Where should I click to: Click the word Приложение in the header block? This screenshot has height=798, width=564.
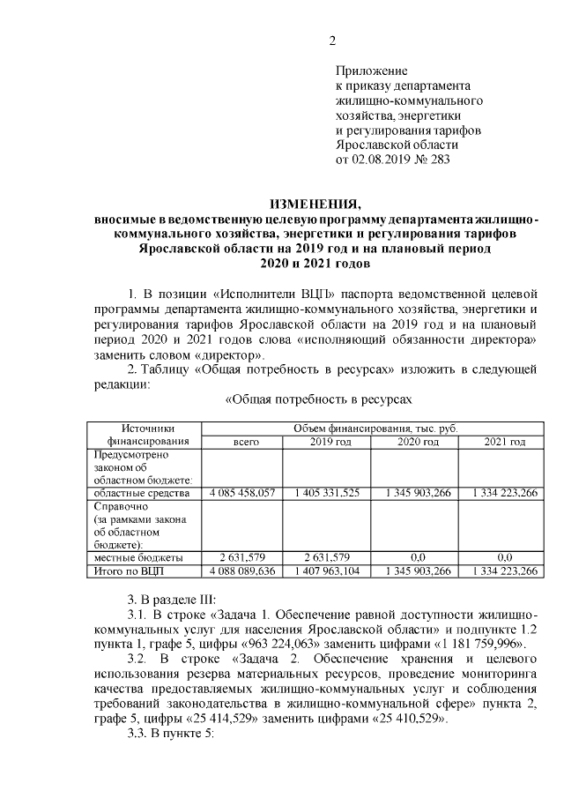pos(371,70)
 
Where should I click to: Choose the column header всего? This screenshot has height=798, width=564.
pos(245,441)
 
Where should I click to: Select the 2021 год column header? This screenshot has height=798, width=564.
pos(505,441)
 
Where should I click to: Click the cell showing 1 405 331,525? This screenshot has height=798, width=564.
pos(326,493)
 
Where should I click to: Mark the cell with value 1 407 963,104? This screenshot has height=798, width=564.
pos(326,571)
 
